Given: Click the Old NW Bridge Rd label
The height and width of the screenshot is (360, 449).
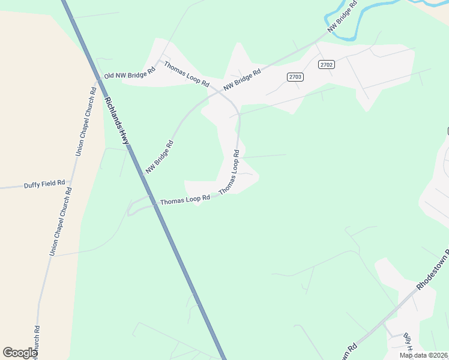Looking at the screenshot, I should click(130, 73).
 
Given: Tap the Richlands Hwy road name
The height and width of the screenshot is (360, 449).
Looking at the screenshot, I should click(117, 120).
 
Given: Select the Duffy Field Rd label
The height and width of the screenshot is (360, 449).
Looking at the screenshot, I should click(44, 185).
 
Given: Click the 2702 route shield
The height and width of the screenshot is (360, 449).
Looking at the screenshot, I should click(327, 65).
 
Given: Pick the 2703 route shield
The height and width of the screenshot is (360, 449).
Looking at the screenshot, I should click(295, 77).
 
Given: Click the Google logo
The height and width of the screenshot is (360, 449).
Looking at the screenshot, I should click(20, 353).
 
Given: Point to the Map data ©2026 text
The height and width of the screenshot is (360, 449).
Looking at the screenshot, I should click(423, 355).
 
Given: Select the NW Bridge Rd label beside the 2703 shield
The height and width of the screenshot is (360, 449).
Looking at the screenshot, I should click(243, 80).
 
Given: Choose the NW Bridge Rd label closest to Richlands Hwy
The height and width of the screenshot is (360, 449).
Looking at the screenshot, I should click(159, 157).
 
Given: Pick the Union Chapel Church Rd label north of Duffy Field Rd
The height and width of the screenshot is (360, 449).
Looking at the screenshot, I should click(85, 122).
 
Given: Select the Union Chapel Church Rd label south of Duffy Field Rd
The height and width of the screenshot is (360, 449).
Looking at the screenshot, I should click(60, 222).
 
